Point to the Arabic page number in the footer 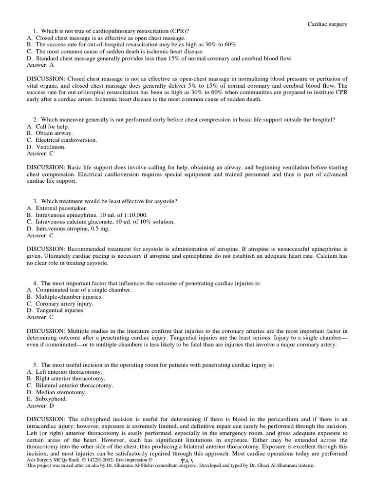coord(187,460)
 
